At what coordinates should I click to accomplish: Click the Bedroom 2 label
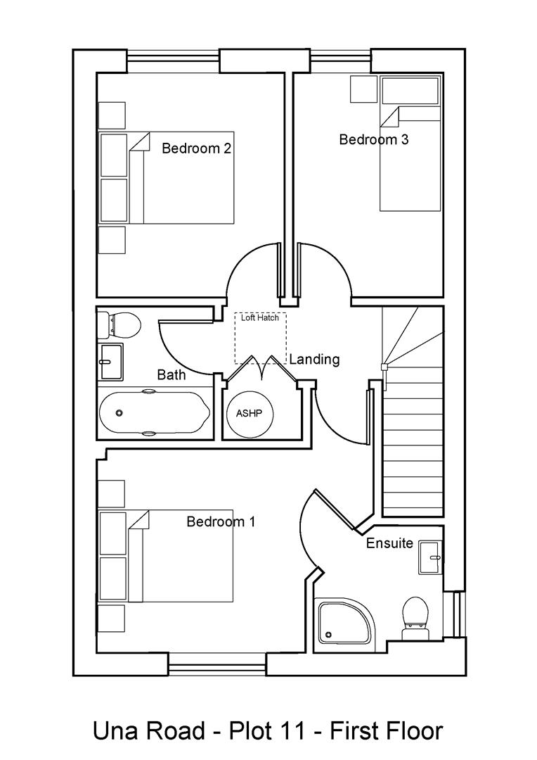(x=197, y=148)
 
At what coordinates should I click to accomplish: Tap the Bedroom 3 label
(x=373, y=139)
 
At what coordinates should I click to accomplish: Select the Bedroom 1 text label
(x=221, y=521)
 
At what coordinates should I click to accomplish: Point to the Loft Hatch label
(x=260, y=318)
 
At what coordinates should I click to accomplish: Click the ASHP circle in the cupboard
(x=249, y=413)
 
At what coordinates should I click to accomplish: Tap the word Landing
(x=315, y=359)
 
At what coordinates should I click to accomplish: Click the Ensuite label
(x=389, y=544)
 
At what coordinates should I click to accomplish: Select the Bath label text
(x=172, y=374)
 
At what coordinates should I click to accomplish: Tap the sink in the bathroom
(x=110, y=362)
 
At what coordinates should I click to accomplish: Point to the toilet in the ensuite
(x=415, y=617)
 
